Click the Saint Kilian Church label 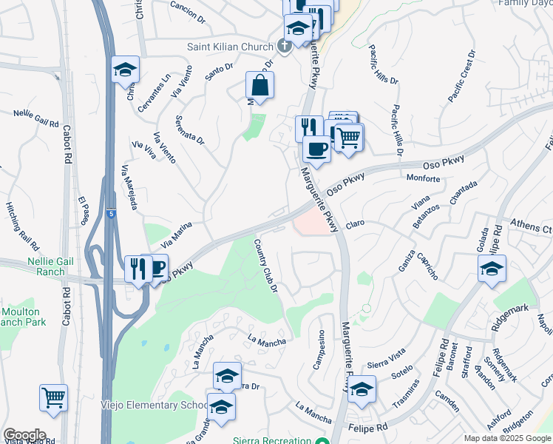click(x=229, y=47)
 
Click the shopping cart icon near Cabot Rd click(x=53, y=397)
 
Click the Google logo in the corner click(x=24, y=435)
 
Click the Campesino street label click(x=322, y=350)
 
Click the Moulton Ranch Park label click(x=22, y=317)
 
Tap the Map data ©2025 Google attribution click(x=508, y=438)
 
